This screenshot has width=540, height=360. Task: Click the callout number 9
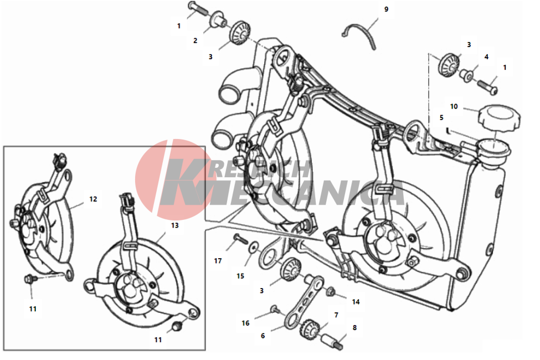[x=386, y=9]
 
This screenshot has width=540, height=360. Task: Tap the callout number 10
[x=454, y=106]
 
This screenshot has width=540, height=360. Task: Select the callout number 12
[x=93, y=199]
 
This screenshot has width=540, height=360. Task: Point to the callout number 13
[x=174, y=225]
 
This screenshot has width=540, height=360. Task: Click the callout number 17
[x=218, y=261]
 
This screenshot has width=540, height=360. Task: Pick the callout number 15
[x=240, y=276]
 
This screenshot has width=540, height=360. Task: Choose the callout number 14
[x=356, y=302]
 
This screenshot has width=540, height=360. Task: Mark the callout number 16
[x=245, y=323]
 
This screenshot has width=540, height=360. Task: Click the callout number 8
[x=354, y=328]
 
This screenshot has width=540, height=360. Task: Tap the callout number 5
[x=441, y=118]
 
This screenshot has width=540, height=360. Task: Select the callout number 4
[x=486, y=57]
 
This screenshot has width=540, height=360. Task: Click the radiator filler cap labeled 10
[x=498, y=118]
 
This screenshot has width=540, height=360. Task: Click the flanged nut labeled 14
[x=330, y=292]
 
